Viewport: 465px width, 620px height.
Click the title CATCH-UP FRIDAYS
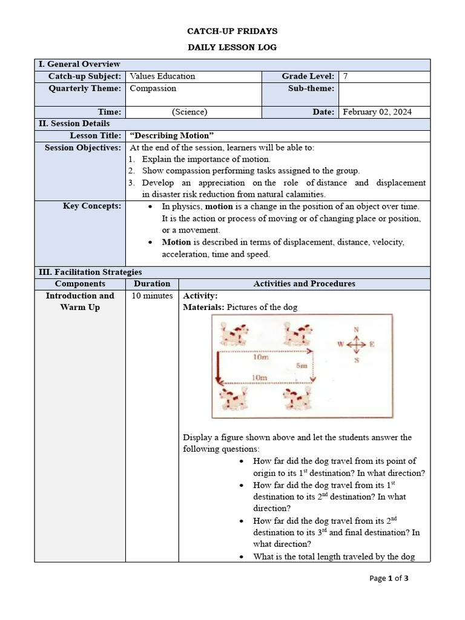(232, 31)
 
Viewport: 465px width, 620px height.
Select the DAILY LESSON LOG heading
(232, 47)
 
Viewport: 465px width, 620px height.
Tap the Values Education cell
(163, 76)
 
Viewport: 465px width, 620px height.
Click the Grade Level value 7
(346, 76)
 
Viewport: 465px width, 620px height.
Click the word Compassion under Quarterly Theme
(153, 88)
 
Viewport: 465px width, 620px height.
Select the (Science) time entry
(190, 112)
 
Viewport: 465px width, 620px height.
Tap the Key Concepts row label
(92, 206)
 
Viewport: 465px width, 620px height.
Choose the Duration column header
(152, 284)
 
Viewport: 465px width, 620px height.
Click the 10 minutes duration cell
(152, 296)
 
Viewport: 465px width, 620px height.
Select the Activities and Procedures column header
(304, 284)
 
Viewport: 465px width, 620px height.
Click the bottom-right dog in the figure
(297, 398)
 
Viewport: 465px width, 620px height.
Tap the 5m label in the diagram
(302, 366)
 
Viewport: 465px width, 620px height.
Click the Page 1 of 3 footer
(389, 578)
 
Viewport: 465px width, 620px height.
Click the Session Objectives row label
(83, 148)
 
